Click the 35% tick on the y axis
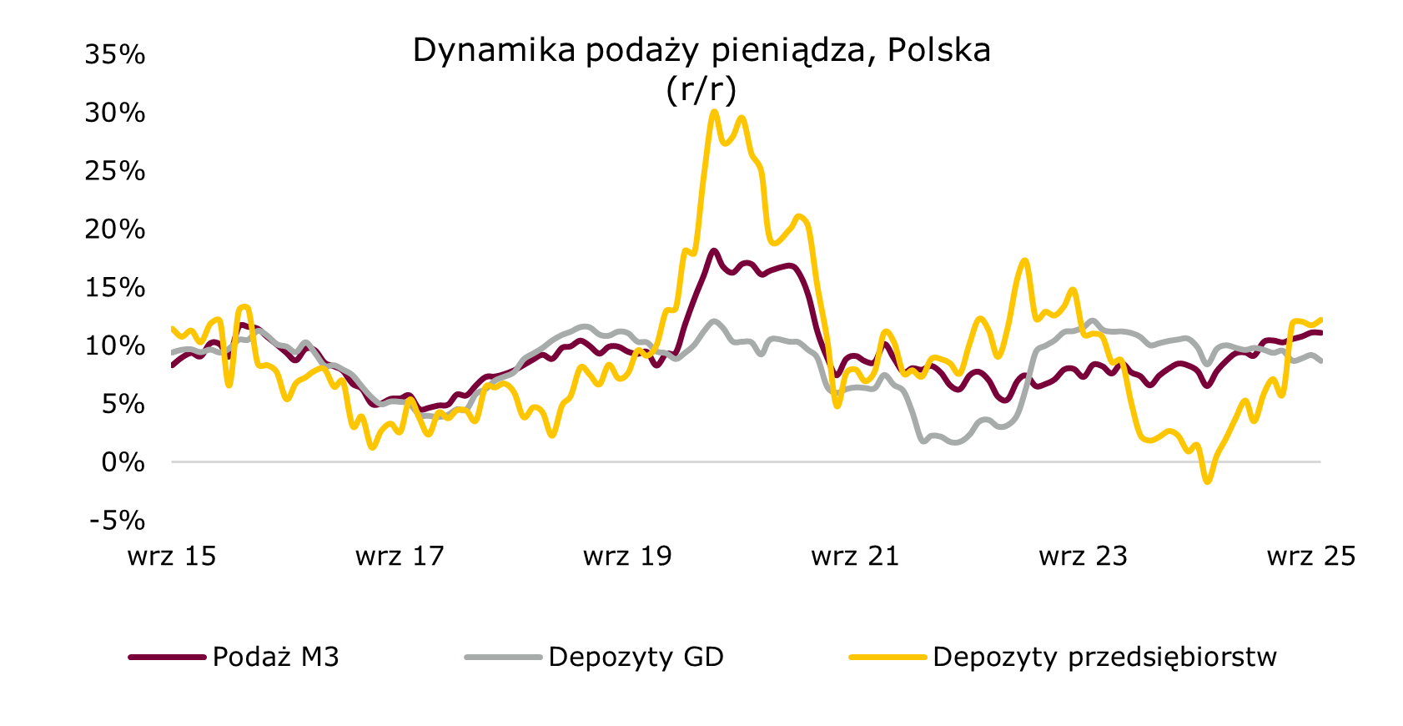click(x=114, y=55)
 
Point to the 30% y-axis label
click(x=114, y=113)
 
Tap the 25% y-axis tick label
click(x=114, y=171)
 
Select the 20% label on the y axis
click(x=114, y=229)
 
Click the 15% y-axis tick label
click(x=114, y=288)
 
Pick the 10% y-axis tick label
click(x=114, y=345)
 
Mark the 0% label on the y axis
click(x=123, y=462)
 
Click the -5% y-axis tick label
click(x=116, y=521)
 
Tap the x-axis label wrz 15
click(x=172, y=557)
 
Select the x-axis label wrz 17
click(x=400, y=557)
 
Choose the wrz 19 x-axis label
click(x=627, y=557)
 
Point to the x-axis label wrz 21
click(x=855, y=557)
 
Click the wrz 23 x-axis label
click(x=1083, y=557)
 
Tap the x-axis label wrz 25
click(x=1310, y=557)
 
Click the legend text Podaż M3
click(x=275, y=658)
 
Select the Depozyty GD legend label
click(x=636, y=658)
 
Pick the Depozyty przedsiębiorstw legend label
click(x=1104, y=658)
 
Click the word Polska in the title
click(x=938, y=51)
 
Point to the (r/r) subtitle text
click(x=701, y=89)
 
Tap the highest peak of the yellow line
click(x=714, y=111)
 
